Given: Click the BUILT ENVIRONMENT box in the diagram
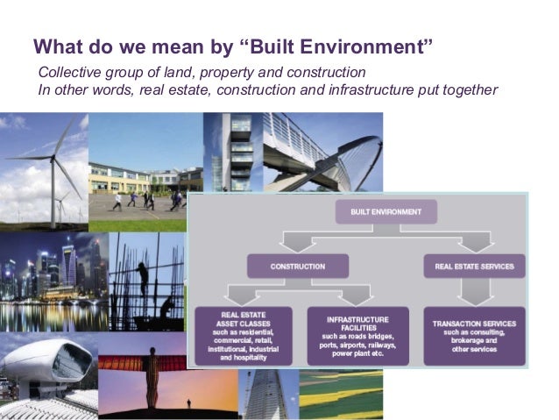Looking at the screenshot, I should [x=386, y=212].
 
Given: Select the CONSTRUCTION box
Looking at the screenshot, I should [x=297, y=266].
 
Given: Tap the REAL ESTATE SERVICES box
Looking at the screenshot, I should [x=474, y=266].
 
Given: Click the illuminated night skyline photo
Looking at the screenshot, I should [x=53, y=281].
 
